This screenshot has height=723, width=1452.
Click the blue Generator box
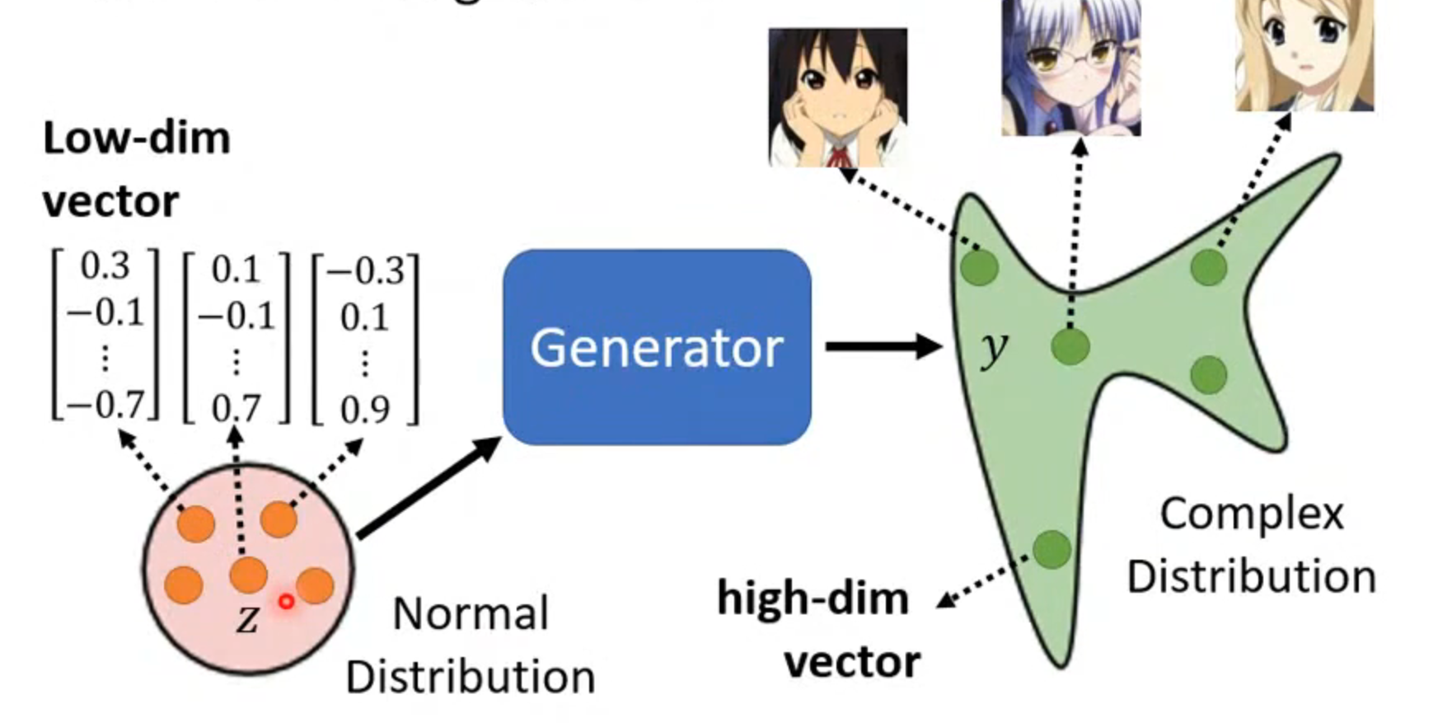point(657,347)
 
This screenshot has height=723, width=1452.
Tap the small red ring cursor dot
point(286,602)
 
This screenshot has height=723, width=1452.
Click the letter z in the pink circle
point(247,619)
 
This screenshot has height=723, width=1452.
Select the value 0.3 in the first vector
point(105,266)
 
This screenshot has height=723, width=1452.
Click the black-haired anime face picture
point(837,97)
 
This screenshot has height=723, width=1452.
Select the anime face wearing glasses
point(1070,68)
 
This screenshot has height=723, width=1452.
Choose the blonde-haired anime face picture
point(1304,54)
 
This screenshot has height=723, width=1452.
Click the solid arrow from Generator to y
point(882,346)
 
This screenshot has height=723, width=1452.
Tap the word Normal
point(471,614)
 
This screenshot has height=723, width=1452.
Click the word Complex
point(1251,514)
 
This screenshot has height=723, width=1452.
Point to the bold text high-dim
point(813,598)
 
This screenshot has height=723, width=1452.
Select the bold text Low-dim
point(137,138)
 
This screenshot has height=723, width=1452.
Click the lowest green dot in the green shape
point(1052,550)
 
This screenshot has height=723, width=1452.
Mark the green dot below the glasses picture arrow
point(1070,346)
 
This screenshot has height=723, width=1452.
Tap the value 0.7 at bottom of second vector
point(236,408)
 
